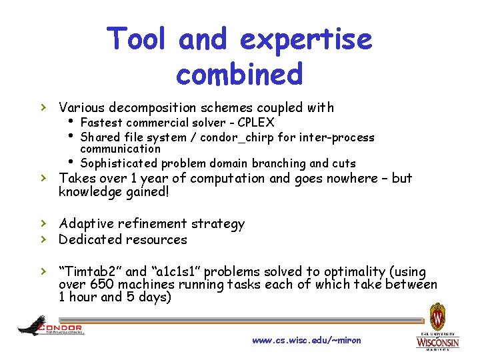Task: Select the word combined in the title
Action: [239, 73]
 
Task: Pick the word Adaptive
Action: [86, 224]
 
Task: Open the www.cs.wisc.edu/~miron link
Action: [306, 341]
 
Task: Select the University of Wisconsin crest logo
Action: [437, 316]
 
